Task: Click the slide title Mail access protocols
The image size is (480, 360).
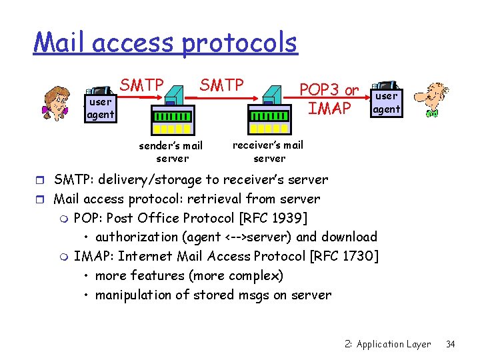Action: pos(165,42)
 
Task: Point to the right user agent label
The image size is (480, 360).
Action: pos(386,103)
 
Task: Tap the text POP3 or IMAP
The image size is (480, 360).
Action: pos(329,99)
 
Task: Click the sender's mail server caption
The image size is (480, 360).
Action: pos(171,152)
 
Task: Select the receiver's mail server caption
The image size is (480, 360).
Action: pos(268,151)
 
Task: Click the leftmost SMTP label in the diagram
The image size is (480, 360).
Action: pos(141,85)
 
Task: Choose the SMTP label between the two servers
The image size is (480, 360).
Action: pos(222,85)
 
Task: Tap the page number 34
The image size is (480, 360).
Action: pos(451,344)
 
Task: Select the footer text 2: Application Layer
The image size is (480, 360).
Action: pos(388,344)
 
